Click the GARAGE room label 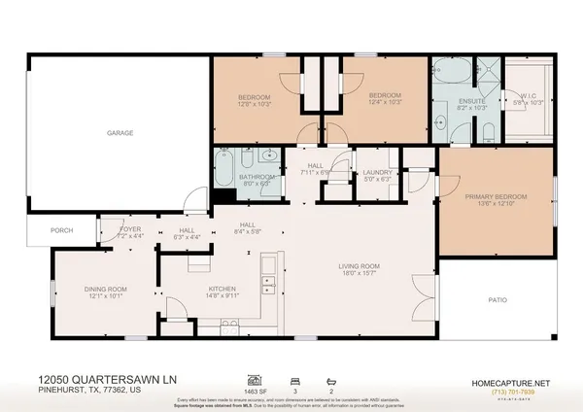pyautogui.click(x=120, y=132)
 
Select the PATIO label pyautogui.click(x=496, y=300)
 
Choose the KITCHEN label pyautogui.click(x=223, y=289)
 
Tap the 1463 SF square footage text pyautogui.click(x=257, y=389)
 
